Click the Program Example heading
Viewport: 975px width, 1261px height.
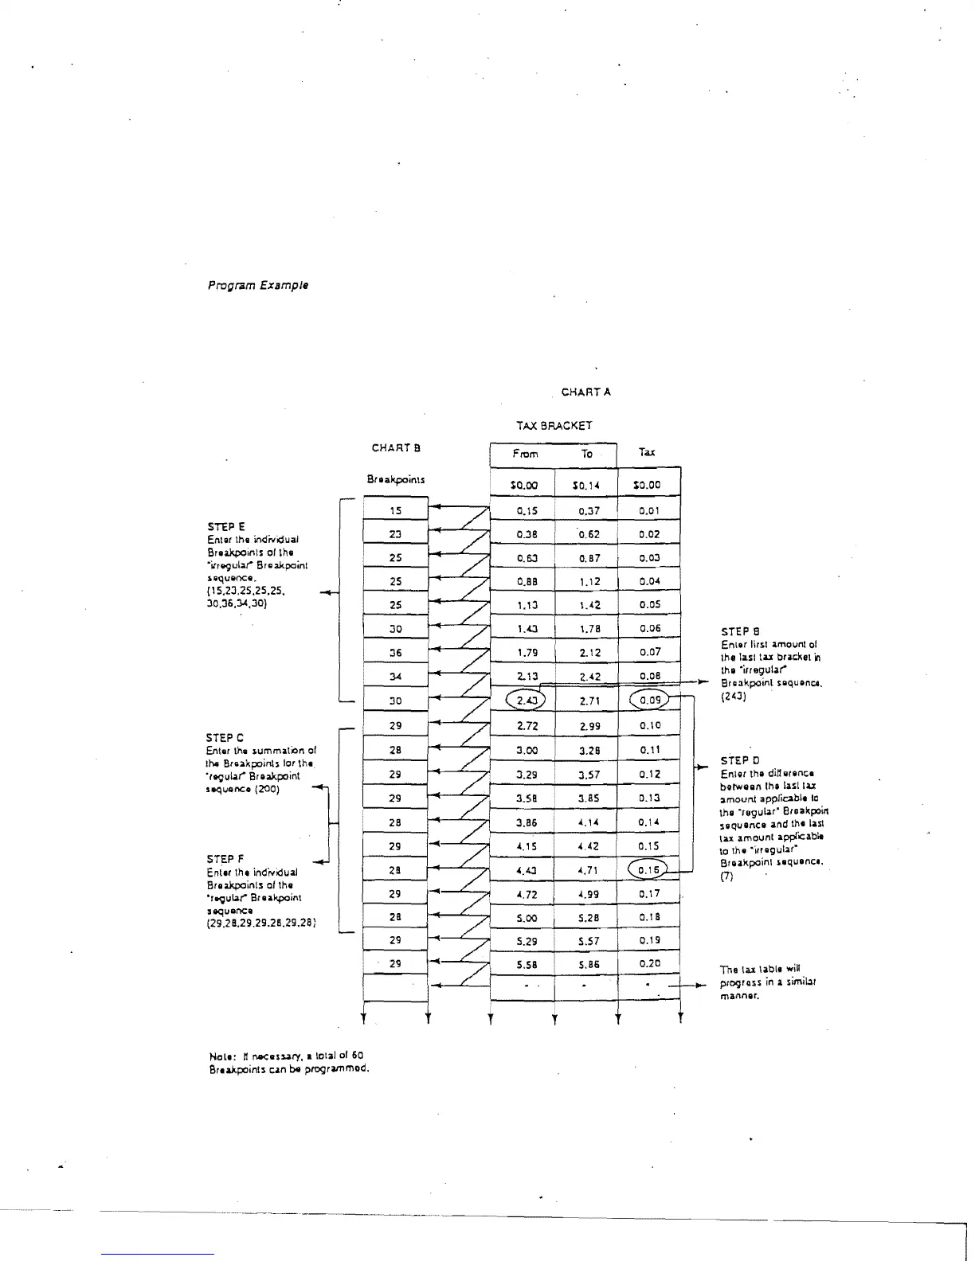coord(258,285)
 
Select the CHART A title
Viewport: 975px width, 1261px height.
coord(586,392)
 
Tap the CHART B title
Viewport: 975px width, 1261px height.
coord(396,447)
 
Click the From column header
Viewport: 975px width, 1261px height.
coord(525,454)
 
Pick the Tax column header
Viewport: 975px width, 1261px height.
coord(647,452)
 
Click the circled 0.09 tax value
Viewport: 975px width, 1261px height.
coord(649,701)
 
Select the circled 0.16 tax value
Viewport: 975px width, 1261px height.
coord(648,870)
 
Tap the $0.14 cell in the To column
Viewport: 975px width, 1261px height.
coord(585,485)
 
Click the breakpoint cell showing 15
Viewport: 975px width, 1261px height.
coord(396,511)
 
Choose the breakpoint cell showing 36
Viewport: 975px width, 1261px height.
coord(396,653)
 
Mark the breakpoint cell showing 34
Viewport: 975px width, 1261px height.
coord(396,677)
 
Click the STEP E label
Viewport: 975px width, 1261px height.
coord(226,526)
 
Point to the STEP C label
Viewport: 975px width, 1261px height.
coord(225,737)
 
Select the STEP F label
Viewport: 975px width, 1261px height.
coord(225,859)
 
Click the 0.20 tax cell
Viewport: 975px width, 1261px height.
coord(649,963)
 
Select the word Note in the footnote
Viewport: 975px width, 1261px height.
coord(219,1056)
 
